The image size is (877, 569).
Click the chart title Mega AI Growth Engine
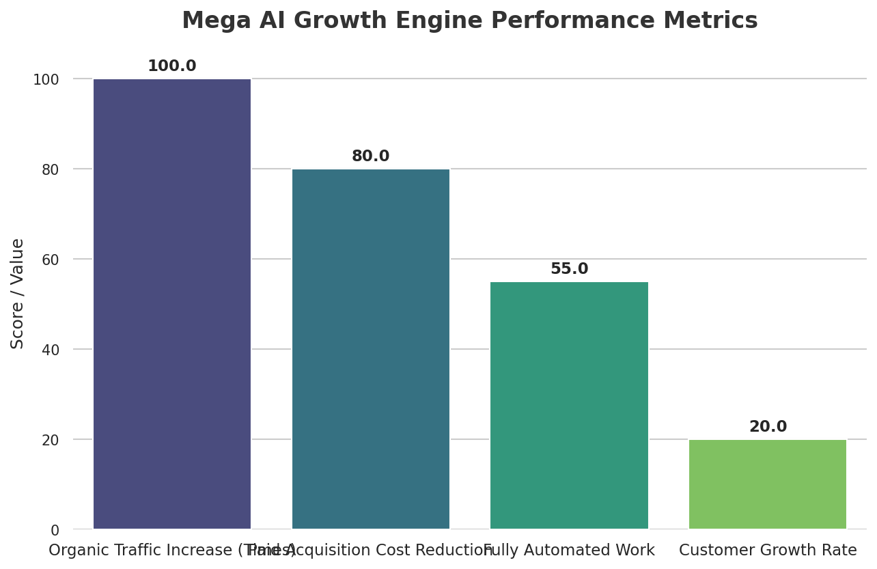(x=469, y=21)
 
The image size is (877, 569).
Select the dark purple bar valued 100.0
(x=172, y=304)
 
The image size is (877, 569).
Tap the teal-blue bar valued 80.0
(x=371, y=349)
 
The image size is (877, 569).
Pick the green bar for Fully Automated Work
(x=569, y=405)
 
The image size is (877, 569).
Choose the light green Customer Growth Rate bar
(x=768, y=484)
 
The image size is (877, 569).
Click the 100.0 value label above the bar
(x=172, y=66)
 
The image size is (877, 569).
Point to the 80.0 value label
(x=371, y=156)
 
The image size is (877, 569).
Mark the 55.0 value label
(x=569, y=269)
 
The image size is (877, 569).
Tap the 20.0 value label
(x=768, y=427)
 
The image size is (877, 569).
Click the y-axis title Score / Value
(x=18, y=293)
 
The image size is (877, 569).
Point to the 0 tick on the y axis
(x=55, y=530)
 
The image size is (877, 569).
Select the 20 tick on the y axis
(x=51, y=440)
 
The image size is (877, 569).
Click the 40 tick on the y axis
(x=51, y=350)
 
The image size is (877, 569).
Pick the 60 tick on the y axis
(x=51, y=260)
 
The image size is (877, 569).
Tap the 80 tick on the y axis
(x=51, y=169)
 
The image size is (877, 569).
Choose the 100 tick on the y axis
(x=46, y=80)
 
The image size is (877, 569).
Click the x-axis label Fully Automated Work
(x=569, y=551)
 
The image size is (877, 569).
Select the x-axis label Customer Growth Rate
(x=768, y=551)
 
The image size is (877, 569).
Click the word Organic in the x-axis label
(x=74, y=551)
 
